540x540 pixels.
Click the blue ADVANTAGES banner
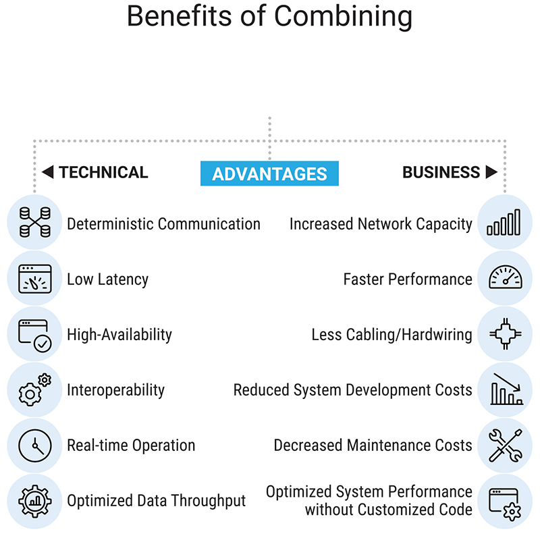click(269, 173)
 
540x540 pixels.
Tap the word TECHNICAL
click(103, 172)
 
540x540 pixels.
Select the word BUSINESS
click(441, 172)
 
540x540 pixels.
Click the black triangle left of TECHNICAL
click(47, 172)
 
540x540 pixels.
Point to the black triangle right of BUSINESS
click(491, 172)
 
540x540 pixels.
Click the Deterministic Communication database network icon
click(35, 222)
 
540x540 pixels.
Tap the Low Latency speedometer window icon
click(35, 279)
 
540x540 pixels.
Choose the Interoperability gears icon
click(35, 390)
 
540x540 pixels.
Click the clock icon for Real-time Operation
click(35, 446)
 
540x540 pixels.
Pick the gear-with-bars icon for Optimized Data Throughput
click(35, 502)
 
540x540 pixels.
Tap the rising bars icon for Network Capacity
click(504, 222)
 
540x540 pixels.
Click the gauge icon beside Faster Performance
click(505, 277)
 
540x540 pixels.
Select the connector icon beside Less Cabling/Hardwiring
click(505, 333)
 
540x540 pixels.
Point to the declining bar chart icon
click(507, 389)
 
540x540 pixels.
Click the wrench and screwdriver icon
click(505, 446)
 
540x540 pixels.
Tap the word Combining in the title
click(343, 16)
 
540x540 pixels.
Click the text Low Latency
click(107, 279)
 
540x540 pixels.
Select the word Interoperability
click(115, 390)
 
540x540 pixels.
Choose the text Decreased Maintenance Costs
click(373, 446)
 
